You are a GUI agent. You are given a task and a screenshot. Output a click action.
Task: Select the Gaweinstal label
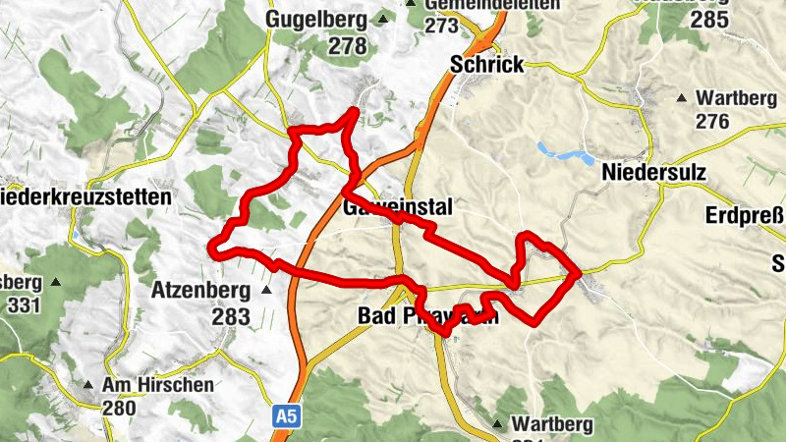397,208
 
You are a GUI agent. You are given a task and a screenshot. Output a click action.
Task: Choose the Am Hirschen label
157,385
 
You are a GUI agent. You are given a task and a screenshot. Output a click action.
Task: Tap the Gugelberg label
316,19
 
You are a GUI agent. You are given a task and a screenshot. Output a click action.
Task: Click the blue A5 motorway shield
285,417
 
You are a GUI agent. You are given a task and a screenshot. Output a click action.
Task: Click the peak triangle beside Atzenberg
265,291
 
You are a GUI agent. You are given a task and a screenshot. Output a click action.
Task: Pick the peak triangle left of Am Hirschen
88,385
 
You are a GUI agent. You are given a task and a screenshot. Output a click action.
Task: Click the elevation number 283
231,317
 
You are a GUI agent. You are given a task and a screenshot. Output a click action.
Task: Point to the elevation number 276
711,122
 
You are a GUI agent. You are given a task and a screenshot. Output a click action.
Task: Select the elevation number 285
709,19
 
